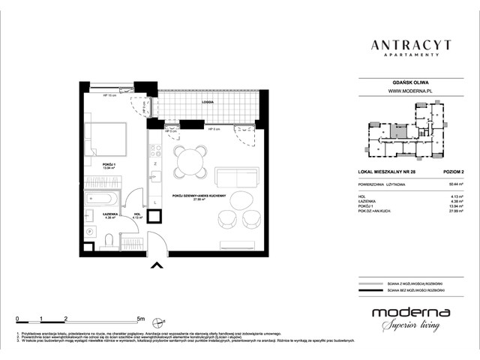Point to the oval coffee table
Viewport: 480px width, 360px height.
point(241,201)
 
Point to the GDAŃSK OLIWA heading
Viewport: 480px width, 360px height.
point(409,81)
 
